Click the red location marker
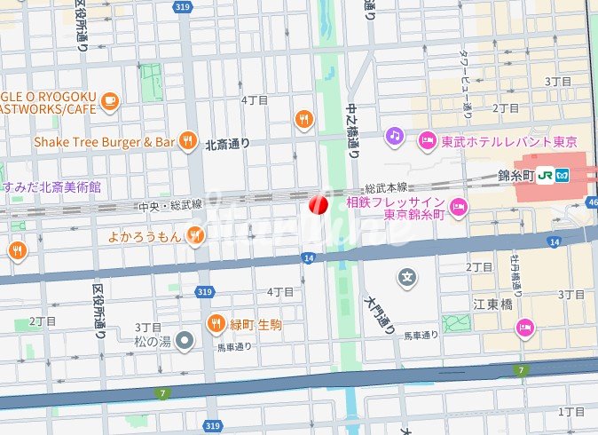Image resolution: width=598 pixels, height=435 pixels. click(x=318, y=205)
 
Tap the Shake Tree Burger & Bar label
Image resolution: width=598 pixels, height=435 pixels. click(x=104, y=140)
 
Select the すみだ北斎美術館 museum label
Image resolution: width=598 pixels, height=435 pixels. click(x=51, y=187)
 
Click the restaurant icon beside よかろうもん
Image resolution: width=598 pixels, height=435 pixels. click(x=195, y=235)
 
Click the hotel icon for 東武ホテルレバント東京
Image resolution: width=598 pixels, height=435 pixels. click(x=428, y=140)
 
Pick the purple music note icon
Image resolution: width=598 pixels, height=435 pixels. click(x=394, y=136)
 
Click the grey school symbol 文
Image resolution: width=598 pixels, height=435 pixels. click(x=407, y=278)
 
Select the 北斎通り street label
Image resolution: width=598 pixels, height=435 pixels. click(x=227, y=144)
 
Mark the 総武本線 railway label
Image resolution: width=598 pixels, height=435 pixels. click(x=386, y=188)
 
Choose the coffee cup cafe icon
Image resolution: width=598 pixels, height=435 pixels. click(x=110, y=101)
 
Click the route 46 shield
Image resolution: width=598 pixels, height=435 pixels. click(x=592, y=203)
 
